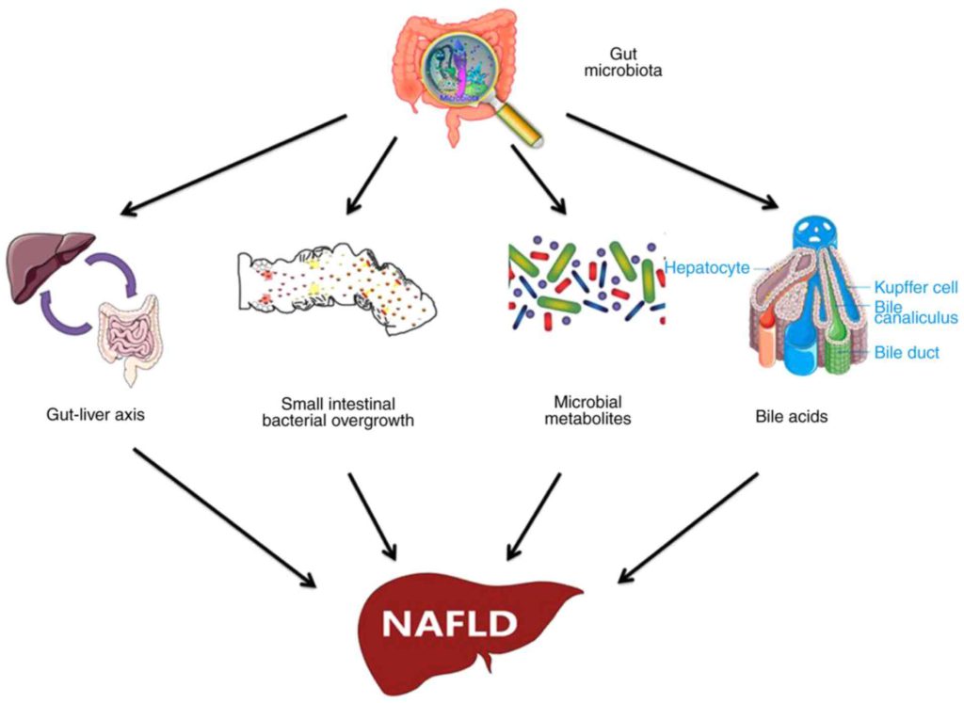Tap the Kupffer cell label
click(914, 287)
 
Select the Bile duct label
click(907, 352)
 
